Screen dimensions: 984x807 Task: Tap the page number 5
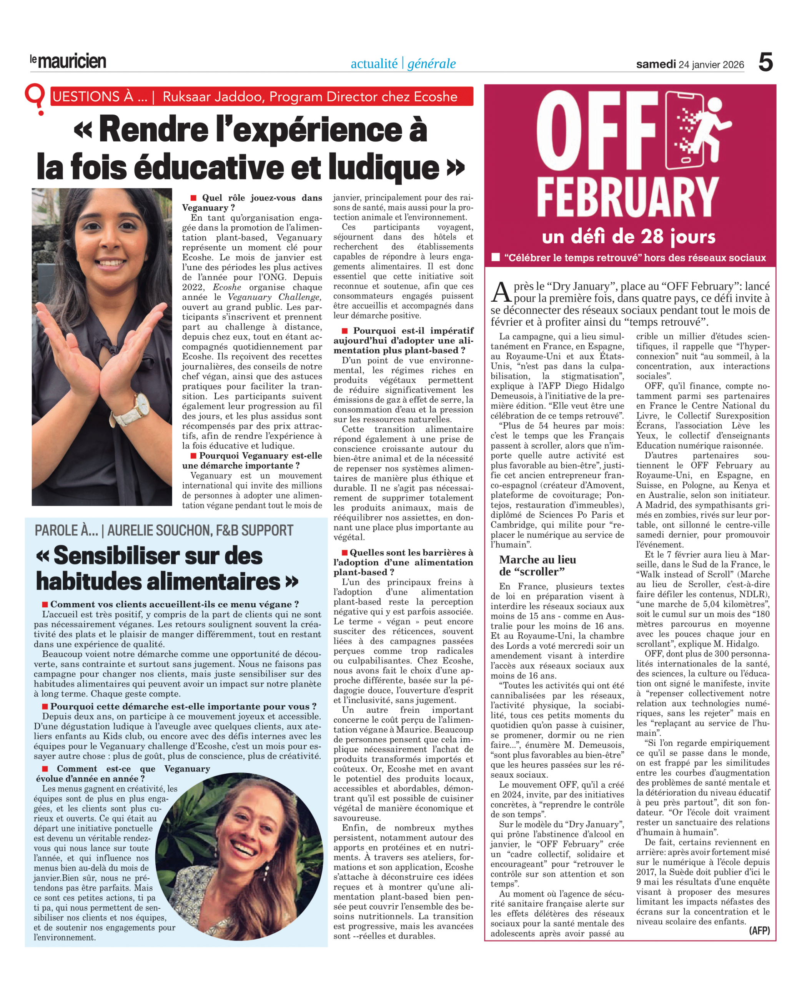tap(765, 62)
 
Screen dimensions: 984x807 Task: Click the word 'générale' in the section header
tap(431, 64)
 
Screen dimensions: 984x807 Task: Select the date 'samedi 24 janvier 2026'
tap(690, 65)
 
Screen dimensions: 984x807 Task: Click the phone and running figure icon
tap(691, 131)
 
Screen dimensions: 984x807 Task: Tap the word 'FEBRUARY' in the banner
tap(627, 198)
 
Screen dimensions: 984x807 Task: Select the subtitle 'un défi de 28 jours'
tap(629, 237)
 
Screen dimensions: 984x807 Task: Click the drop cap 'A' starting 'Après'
tap(502, 293)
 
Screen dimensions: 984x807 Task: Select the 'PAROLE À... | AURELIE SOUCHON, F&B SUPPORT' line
tap(164, 530)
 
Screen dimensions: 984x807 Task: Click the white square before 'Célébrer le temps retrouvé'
tap(496, 257)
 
